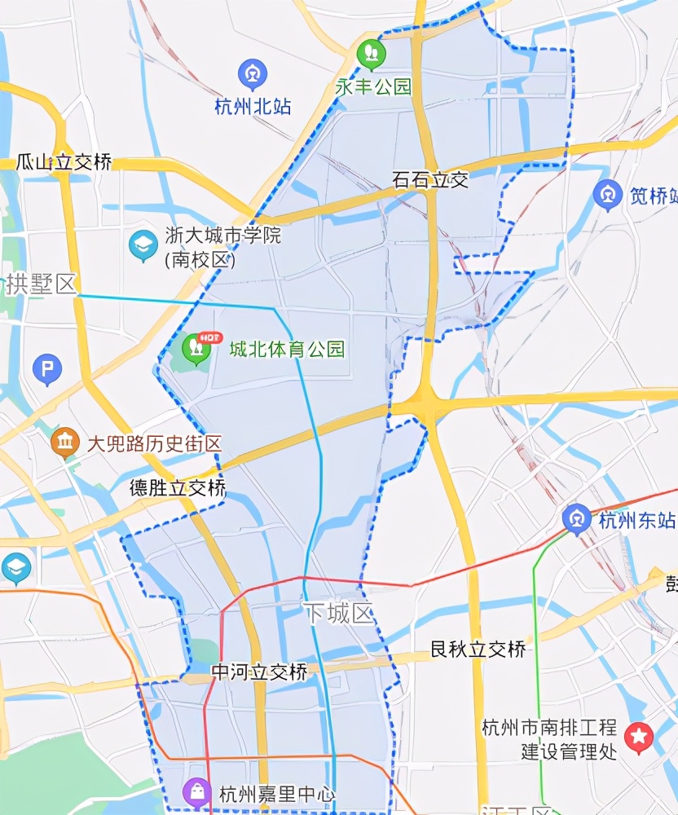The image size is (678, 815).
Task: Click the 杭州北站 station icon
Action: coord(253,75)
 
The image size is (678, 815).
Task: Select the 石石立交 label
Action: coord(430,180)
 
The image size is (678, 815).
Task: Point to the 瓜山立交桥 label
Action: coord(64,161)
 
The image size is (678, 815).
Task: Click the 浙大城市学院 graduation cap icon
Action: coord(143,245)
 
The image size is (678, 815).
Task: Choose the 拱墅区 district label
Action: coord(41,284)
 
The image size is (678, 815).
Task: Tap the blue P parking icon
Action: coord(47,371)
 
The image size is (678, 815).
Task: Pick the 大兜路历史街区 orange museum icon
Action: coord(64,443)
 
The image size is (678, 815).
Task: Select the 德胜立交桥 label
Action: coord(178,488)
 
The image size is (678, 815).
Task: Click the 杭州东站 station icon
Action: coord(576,519)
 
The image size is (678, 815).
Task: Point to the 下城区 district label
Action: coord(338,613)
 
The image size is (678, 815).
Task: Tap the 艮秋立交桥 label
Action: coord(478,650)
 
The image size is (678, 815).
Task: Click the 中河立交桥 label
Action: coord(259,672)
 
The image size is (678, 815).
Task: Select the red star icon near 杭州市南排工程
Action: coord(639,738)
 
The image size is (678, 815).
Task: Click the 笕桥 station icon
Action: coord(607,196)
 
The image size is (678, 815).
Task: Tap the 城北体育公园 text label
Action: coord(287,350)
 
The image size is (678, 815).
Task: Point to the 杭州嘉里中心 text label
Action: coord(278,793)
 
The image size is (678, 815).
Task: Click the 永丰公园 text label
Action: coord(374,86)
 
